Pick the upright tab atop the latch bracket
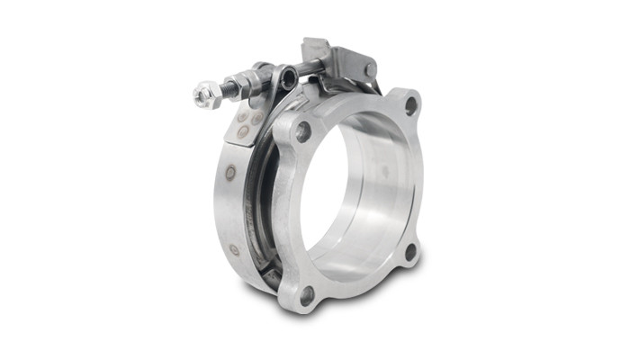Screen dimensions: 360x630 317,45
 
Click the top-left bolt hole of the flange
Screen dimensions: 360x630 303,131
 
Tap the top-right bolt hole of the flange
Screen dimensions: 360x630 411,105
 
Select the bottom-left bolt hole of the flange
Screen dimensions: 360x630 308,293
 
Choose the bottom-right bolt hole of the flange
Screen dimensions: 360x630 410,253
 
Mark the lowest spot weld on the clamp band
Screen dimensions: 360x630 235,249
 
